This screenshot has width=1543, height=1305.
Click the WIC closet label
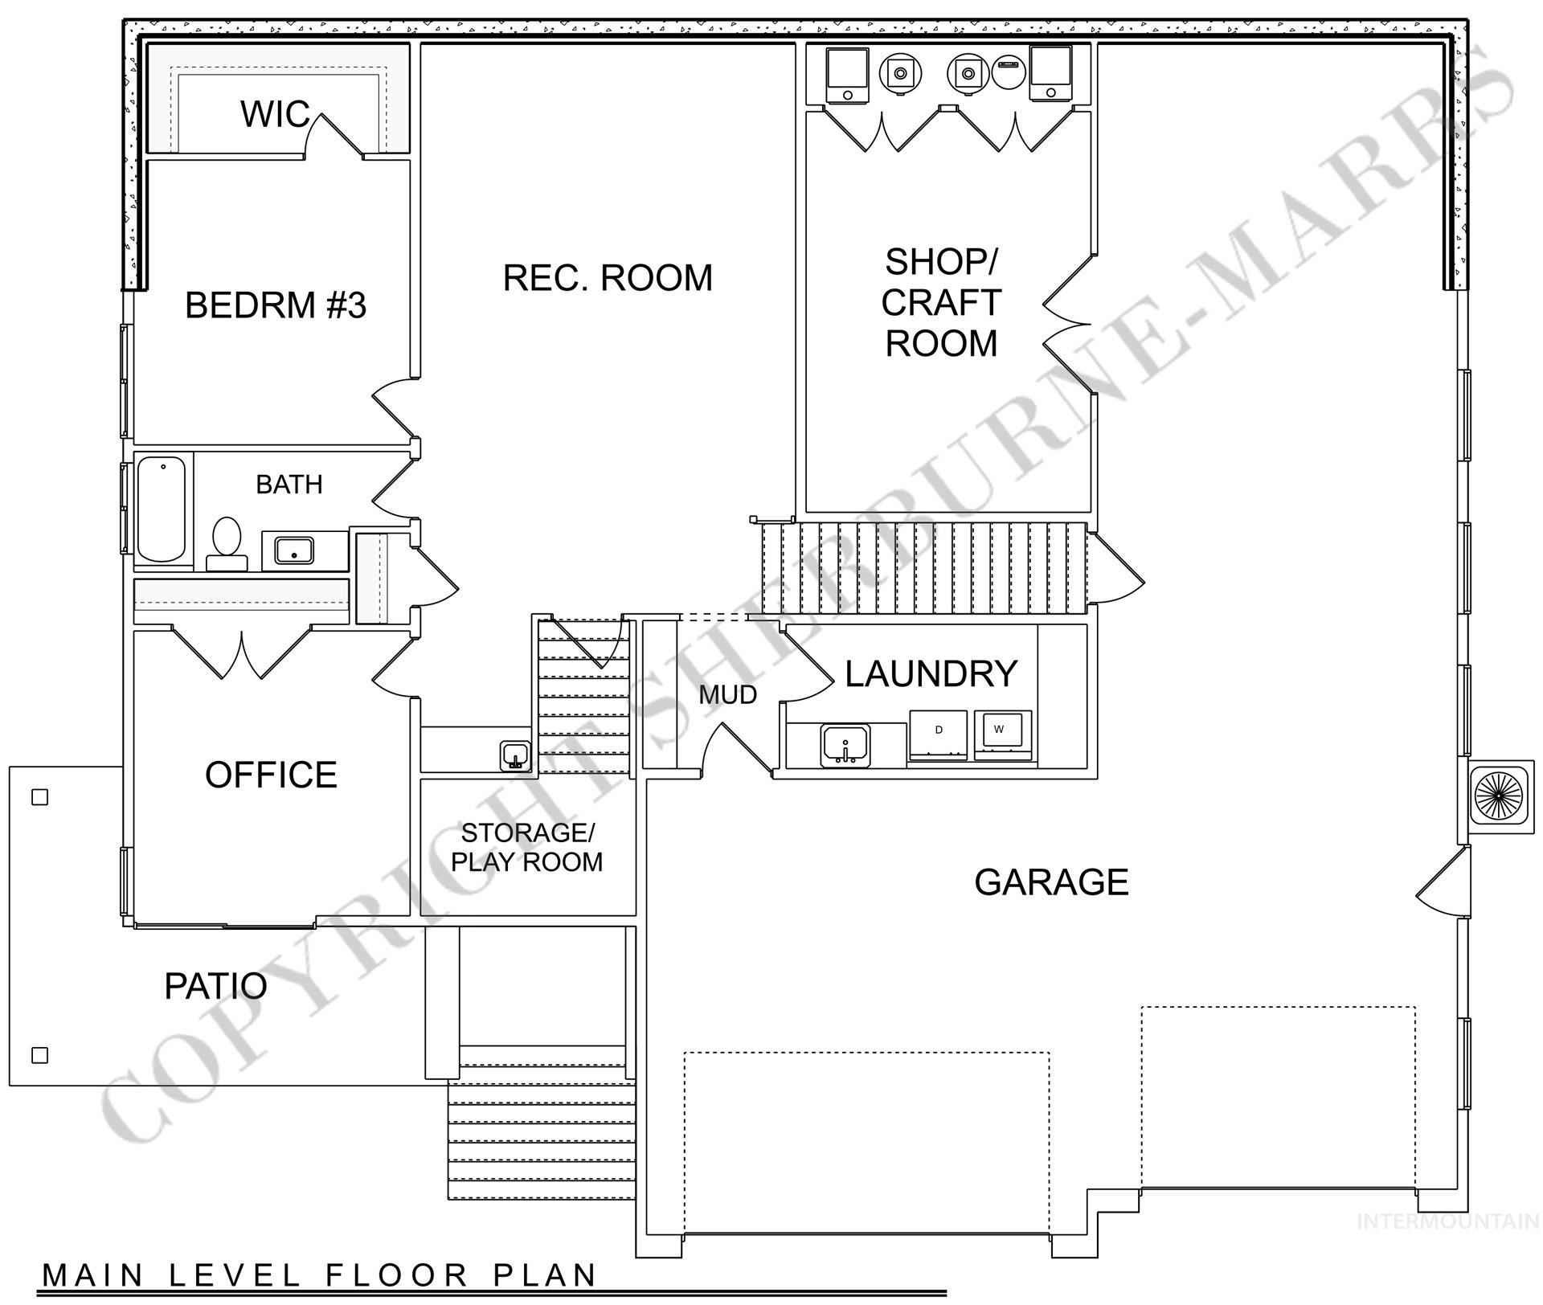click(274, 114)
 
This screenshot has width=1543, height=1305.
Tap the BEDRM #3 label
click(276, 305)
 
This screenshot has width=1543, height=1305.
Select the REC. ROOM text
click(608, 278)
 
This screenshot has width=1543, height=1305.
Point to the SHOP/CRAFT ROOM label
click(940, 302)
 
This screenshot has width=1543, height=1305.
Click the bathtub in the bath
click(162, 509)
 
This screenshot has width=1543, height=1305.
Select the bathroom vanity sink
click(294, 551)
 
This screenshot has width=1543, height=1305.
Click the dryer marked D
click(938, 734)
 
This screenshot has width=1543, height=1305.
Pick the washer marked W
click(1001, 732)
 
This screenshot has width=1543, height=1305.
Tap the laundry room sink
click(845, 745)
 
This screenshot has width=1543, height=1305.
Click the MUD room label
click(727, 695)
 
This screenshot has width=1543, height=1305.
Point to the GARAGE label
click(1051, 882)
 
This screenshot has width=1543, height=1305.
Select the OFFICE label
click(271, 775)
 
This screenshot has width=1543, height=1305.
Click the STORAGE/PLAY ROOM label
click(526, 847)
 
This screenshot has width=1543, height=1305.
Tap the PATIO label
click(215, 986)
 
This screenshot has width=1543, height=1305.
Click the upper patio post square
click(39, 797)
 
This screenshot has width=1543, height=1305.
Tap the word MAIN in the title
click(93, 1275)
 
